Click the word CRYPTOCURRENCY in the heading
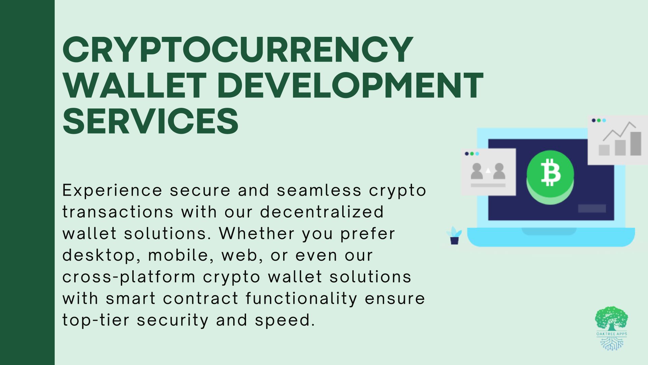pos(238,50)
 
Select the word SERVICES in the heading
pos(151,121)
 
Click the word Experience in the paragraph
pos(112,191)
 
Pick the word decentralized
pos(322,212)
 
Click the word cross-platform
pos(129,277)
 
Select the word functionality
pos(301,299)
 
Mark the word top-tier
pos(96,320)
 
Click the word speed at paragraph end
pos(285,320)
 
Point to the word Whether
pos(256,234)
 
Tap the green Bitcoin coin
pos(550,176)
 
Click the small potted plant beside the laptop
pos(454,236)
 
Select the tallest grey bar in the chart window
pos(636,144)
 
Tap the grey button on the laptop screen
pos(592,209)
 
